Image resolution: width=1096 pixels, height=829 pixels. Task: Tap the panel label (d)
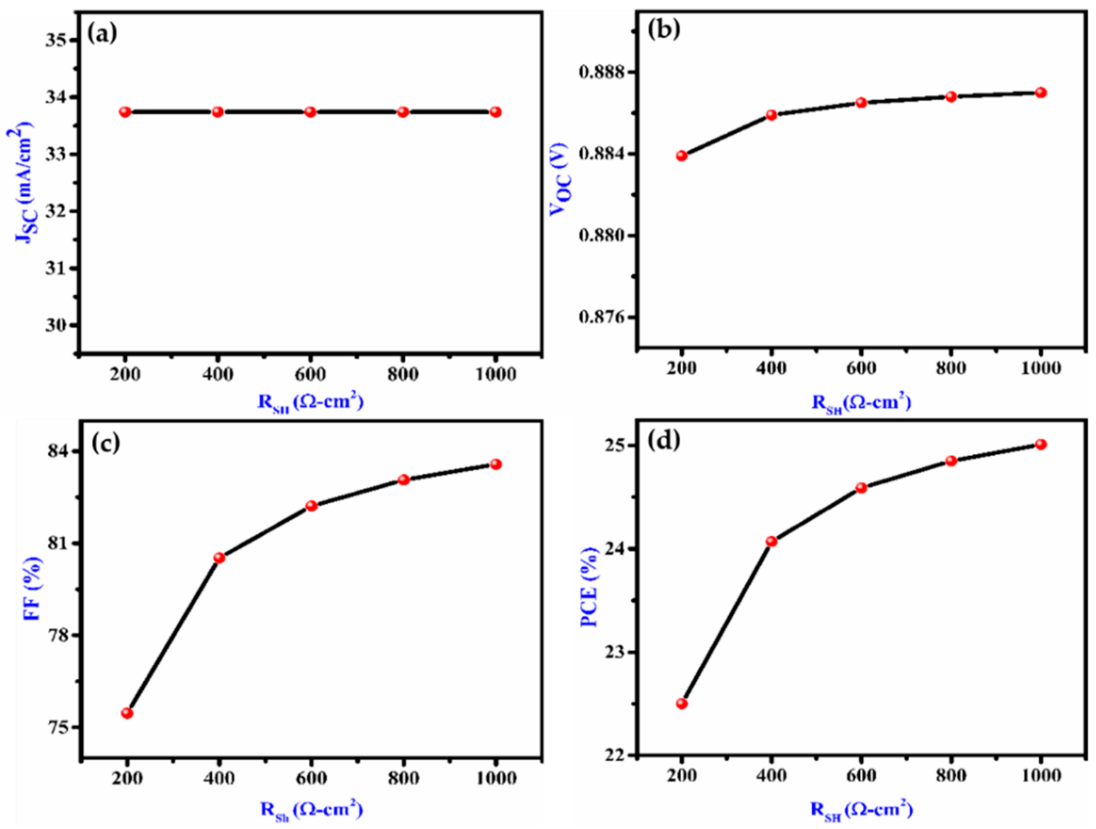[x=664, y=441]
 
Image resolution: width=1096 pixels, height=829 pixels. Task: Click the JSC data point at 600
[x=310, y=112]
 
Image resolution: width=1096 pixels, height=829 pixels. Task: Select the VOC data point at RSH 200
[x=682, y=156]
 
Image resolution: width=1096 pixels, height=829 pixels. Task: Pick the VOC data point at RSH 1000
[x=1041, y=93]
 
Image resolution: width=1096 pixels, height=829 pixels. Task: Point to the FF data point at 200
[x=127, y=713]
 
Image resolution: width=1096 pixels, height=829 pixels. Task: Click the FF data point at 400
[x=219, y=558]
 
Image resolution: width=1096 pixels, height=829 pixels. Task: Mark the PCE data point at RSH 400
[x=771, y=541]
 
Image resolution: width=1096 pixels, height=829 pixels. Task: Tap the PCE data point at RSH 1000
[x=1041, y=444]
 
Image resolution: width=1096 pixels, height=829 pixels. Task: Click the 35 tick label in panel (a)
[x=57, y=41]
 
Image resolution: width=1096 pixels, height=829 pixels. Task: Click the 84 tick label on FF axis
[x=58, y=452]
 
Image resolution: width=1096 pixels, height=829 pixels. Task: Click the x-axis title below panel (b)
[x=861, y=402]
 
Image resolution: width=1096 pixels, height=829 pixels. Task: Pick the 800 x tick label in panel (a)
[x=403, y=375]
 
